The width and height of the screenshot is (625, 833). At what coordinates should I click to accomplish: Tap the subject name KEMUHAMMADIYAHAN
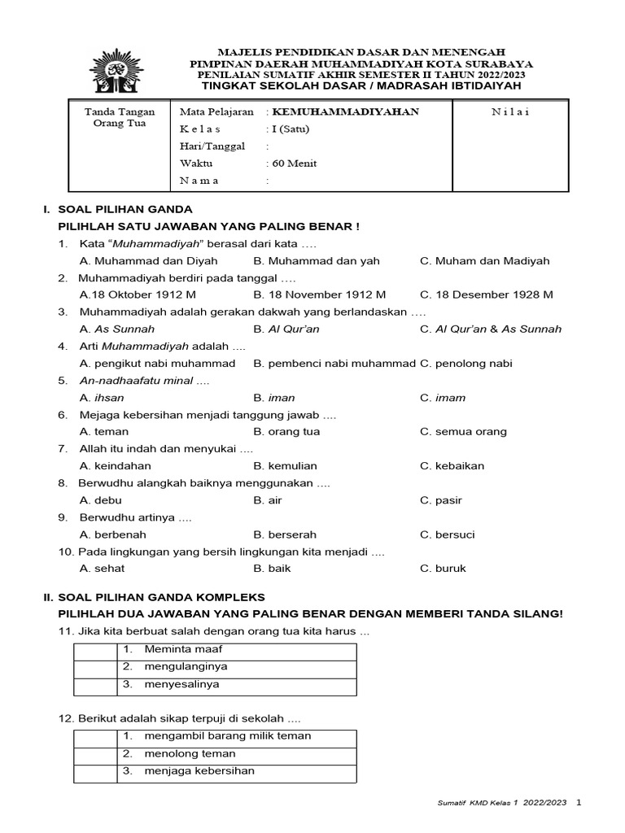click(346, 111)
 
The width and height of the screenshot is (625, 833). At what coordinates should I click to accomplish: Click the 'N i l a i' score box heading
click(510, 111)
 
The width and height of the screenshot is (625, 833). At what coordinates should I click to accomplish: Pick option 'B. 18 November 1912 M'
click(319, 294)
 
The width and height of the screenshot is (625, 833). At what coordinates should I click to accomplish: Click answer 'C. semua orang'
click(463, 432)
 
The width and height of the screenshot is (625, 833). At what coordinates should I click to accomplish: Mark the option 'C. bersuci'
click(447, 534)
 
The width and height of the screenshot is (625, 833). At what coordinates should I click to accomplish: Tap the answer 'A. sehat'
click(102, 569)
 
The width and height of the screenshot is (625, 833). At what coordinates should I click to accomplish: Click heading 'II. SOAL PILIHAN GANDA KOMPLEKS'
click(155, 597)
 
